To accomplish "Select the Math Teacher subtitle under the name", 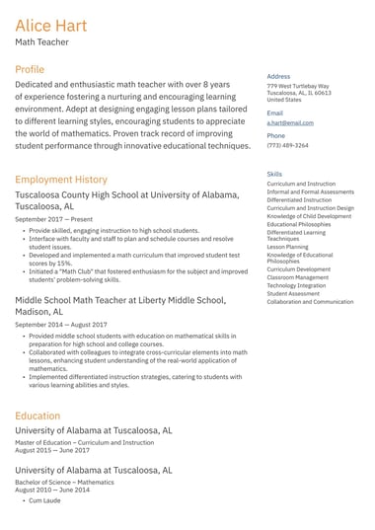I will click(40, 43).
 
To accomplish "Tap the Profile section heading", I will click(30, 70).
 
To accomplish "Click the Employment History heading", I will click(61, 180).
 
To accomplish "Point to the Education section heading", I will click(37, 416).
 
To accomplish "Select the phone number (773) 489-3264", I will click(287, 145).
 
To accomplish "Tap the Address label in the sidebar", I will click(278, 76).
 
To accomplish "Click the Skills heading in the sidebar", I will click(274, 174).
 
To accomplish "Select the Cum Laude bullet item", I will click(44, 500).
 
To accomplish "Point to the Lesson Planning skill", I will click(287, 247).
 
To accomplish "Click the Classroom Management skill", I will click(297, 277).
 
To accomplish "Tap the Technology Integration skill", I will click(297, 285).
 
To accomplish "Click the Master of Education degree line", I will click(84, 442).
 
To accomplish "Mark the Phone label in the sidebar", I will click(275, 135).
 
